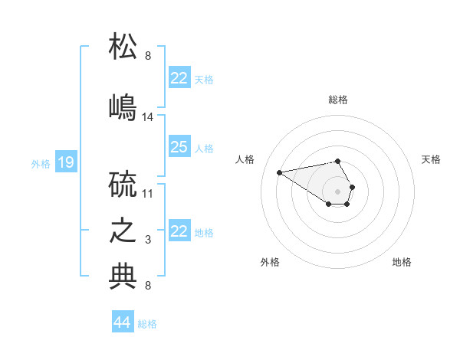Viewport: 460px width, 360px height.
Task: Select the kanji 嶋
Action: tap(123, 106)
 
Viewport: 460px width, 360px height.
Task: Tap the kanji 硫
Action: tap(123, 186)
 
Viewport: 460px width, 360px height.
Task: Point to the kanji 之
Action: tap(123, 231)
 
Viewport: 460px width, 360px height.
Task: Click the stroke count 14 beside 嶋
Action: tap(148, 117)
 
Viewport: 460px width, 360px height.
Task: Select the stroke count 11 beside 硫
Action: tap(148, 193)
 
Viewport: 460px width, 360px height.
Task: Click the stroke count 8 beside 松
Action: tap(148, 56)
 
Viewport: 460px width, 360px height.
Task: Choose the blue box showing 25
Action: tap(179, 148)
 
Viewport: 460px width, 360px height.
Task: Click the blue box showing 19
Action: tap(66, 162)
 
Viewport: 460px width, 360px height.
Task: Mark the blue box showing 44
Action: tap(123, 322)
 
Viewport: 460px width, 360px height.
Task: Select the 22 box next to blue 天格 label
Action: tap(179, 78)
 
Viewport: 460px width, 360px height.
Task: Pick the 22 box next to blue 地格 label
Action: tap(179, 231)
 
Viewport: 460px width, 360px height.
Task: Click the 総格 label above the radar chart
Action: tap(338, 100)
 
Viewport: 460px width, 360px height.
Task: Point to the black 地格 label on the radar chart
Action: tap(402, 262)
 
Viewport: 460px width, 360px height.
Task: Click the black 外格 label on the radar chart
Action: tap(270, 262)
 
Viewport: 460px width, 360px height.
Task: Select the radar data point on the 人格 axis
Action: tap(279, 172)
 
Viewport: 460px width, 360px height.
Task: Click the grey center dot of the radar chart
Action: tap(337, 191)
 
